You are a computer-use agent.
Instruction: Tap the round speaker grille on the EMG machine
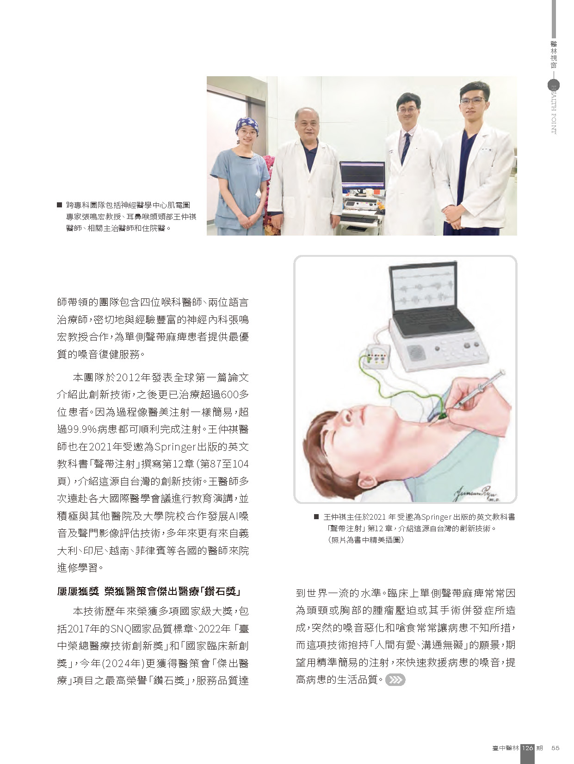(x=417, y=353)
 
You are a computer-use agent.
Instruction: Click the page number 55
(x=555, y=748)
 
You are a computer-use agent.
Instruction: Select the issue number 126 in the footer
(x=527, y=748)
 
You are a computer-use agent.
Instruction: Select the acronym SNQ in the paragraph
(x=121, y=629)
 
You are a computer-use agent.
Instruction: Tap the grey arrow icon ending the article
(x=395, y=680)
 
